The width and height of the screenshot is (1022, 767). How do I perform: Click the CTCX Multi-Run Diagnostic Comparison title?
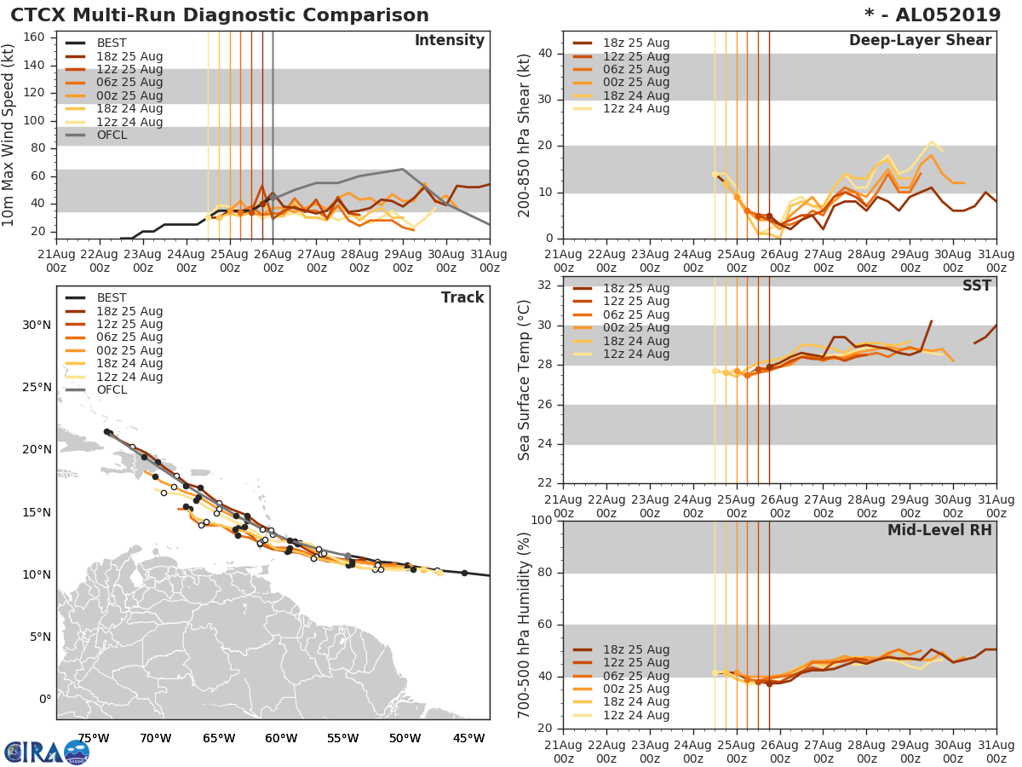tap(220, 15)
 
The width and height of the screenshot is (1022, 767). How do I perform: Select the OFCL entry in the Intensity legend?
tap(112, 135)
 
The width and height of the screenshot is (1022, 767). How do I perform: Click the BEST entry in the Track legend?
tap(112, 297)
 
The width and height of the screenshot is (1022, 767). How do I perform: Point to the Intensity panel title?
tap(449, 41)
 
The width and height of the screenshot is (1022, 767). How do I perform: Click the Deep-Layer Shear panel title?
tap(920, 41)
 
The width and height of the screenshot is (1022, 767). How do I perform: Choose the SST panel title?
tap(977, 285)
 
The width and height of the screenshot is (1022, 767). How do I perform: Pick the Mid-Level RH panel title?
tap(939, 530)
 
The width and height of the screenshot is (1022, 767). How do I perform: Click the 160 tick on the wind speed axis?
tap(34, 37)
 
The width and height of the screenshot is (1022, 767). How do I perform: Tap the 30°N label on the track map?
tap(37, 325)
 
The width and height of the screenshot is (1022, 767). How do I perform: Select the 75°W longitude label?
tap(93, 737)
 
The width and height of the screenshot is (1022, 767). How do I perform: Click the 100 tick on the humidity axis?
tap(541, 521)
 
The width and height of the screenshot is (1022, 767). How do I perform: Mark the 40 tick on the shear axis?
tap(545, 54)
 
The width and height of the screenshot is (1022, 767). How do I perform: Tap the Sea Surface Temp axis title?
tap(525, 380)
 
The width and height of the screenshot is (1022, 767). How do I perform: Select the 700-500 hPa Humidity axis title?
tap(525, 624)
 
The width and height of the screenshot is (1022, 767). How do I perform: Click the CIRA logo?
tap(47, 752)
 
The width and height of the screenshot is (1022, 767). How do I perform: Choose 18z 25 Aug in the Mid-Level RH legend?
tap(635, 649)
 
